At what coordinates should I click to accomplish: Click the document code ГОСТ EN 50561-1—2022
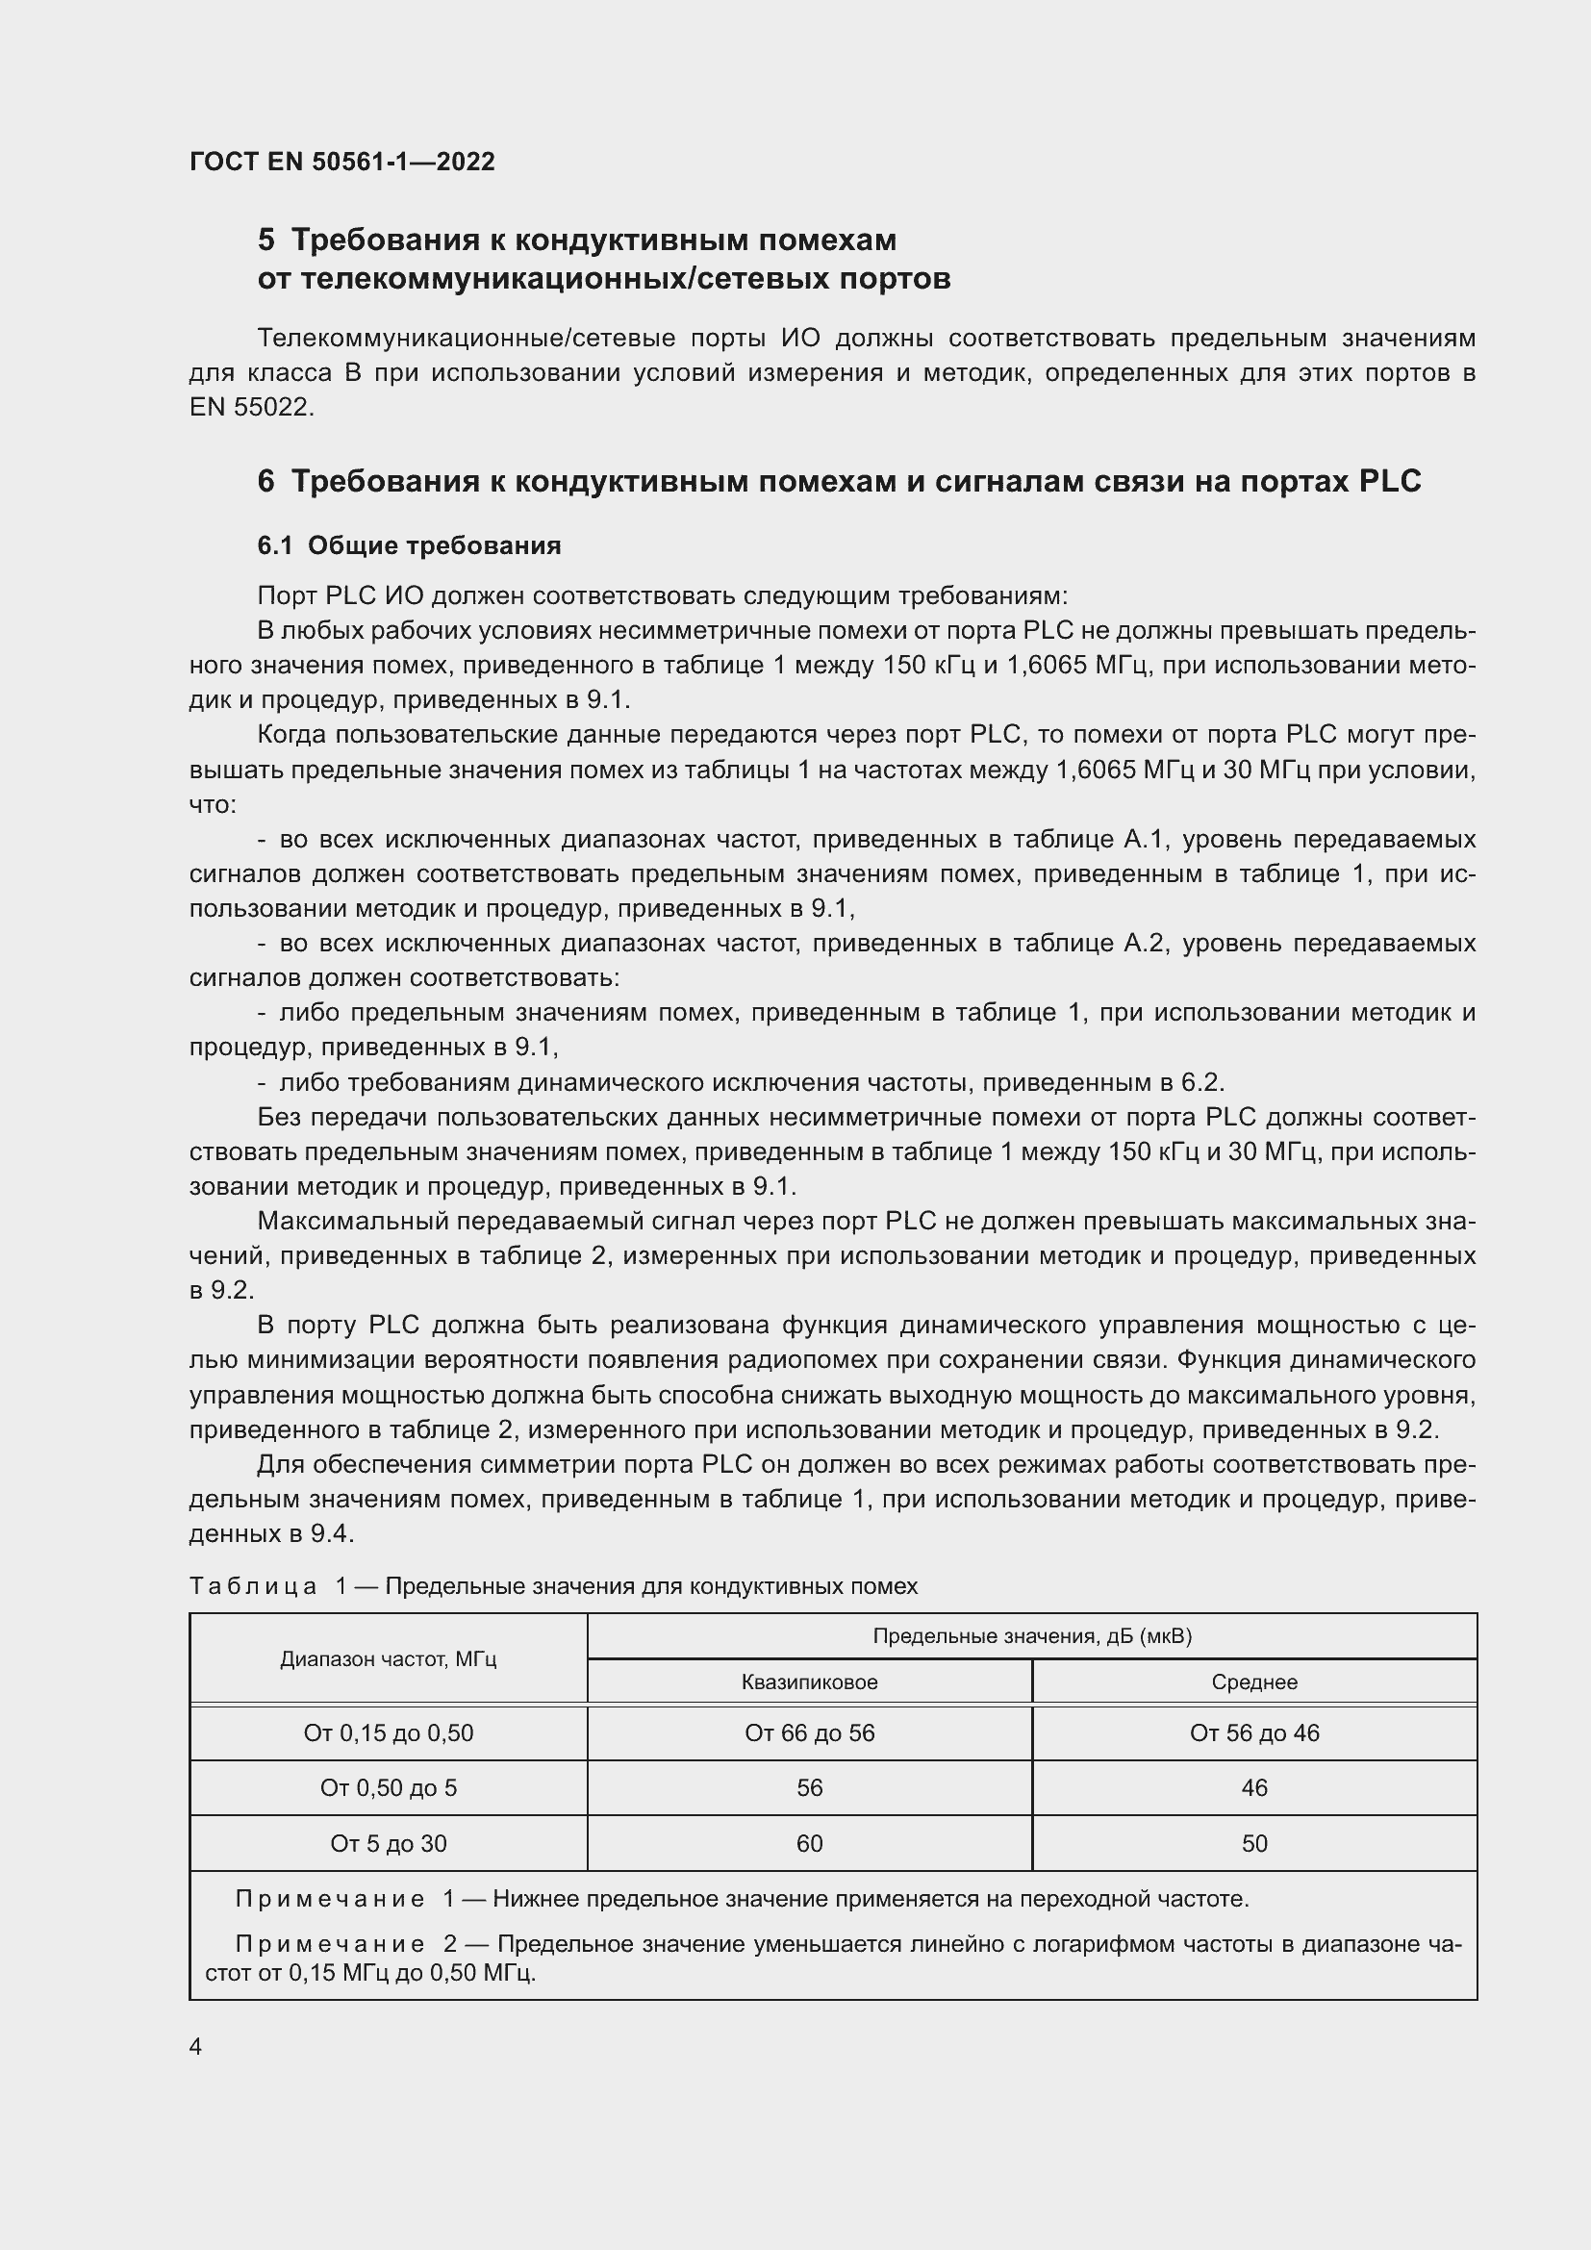pyautogui.click(x=341, y=162)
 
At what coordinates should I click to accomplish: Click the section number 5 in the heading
pyautogui.click(x=266, y=240)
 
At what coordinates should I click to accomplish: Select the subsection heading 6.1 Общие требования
pyautogui.click(x=409, y=545)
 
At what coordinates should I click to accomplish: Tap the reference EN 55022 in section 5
pyautogui.click(x=250, y=408)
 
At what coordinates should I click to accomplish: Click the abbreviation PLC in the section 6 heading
pyautogui.click(x=1389, y=481)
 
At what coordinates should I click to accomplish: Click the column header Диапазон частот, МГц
pyautogui.click(x=388, y=1659)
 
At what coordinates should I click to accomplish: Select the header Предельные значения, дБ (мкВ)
pyautogui.click(x=1031, y=1635)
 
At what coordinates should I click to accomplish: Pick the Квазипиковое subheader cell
pyautogui.click(x=809, y=1682)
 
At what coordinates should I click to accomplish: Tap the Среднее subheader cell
pyautogui.click(x=1254, y=1682)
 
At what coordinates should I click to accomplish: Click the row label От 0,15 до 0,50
pyautogui.click(x=388, y=1733)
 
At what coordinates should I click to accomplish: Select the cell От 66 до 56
pyautogui.click(x=809, y=1733)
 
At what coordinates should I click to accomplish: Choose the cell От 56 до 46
pyautogui.click(x=1254, y=1733)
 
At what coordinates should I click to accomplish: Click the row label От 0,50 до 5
pyautogui.click(x=388, y=1788)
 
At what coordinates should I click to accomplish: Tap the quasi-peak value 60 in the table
pyautogui.click(x=809, y=1844)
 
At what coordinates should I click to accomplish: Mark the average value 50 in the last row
pyautogui.click(x=1254, y=1844)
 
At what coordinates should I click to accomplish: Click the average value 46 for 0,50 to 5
pyautogui.click(x=1254, y=1788)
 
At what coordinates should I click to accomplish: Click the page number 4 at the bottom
pyautogui.click(x=196, y=2047)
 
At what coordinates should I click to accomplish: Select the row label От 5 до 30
pyautogui.click(x=388, y=1844)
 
